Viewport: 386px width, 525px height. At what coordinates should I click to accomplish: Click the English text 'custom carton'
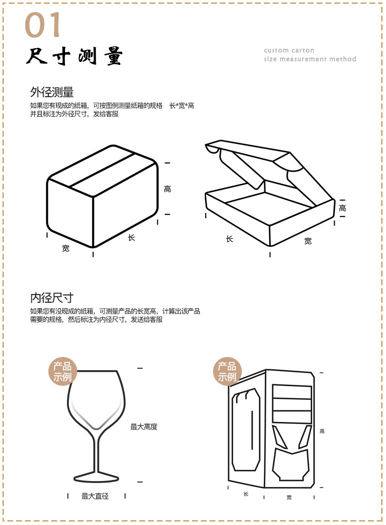point(289,50)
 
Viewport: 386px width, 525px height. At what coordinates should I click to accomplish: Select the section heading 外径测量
point(52,92)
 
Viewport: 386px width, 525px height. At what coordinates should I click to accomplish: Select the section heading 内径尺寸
point(52,297)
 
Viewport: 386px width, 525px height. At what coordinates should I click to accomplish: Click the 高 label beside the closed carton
point(168,189)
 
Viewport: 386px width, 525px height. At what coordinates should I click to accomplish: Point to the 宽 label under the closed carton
point(65,248)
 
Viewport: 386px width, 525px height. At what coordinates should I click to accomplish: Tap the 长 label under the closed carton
point(131,237)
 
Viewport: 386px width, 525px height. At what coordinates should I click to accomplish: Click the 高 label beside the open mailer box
point(343,208)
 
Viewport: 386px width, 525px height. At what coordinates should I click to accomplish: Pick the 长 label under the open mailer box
point(229,239)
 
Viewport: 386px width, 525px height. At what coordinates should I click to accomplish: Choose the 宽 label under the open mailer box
point(308,241)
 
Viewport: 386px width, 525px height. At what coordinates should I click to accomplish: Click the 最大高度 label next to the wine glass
point(144,427)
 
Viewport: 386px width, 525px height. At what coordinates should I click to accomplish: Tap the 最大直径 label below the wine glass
point(95,496)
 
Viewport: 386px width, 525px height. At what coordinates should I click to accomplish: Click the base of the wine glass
point(96,477)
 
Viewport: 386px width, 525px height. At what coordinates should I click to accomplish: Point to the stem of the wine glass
point(96,452)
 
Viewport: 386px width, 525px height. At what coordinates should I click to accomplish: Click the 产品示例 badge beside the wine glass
point(63,371)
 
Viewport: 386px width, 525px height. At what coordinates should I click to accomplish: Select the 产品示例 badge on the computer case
point(227,371)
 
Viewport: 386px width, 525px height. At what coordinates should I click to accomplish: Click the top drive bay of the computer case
point(292,392)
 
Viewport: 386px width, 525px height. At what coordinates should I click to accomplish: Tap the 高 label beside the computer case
point(322,431)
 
